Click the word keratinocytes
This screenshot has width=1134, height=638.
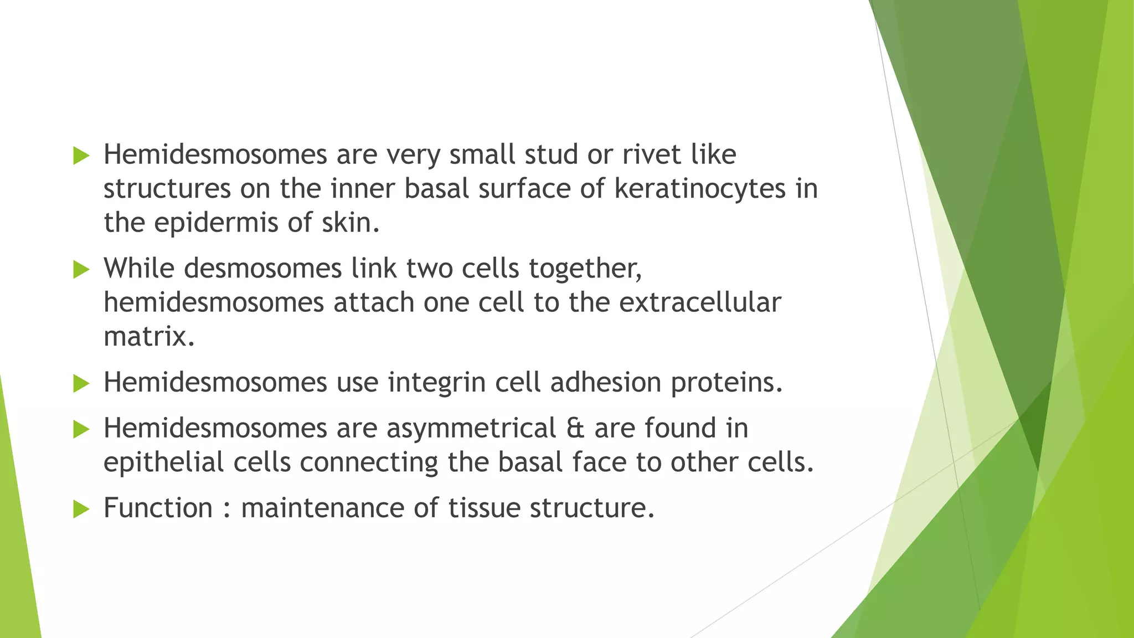click(x=700, y=188)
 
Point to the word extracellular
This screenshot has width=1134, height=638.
click(x=699, y=302)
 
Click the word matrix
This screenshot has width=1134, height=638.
click(x=148, y=337)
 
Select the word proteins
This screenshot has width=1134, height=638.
click(x=726, y=383)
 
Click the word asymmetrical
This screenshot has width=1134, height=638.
click(x=471, y=428)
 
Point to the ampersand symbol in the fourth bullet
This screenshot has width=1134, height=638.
click(x=575, y=428)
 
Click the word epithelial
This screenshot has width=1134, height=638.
click(x=163, y=462)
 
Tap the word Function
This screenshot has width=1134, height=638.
click(x=158, y=508)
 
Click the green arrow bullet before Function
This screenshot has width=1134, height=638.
click(x=81, y=509)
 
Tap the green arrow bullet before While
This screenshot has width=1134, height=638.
click(x=81, y=270)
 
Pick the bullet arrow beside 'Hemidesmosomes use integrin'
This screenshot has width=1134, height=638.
click(x=81, y=383)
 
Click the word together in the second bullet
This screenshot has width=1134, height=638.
click(x=585, y=269)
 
